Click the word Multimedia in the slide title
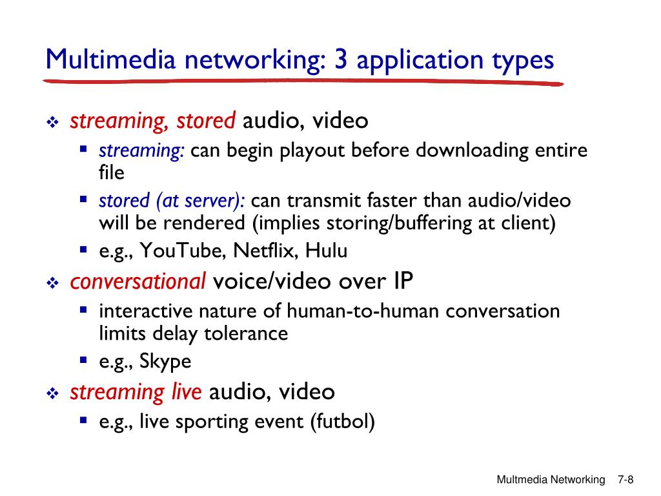(x=110, y=61)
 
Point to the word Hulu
(x=327, y=251)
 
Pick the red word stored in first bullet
(x=207, y=120)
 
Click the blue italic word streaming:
(x=142, y=151)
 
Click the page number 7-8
(x=625, y=480)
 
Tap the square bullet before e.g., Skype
(x=83, y=360)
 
